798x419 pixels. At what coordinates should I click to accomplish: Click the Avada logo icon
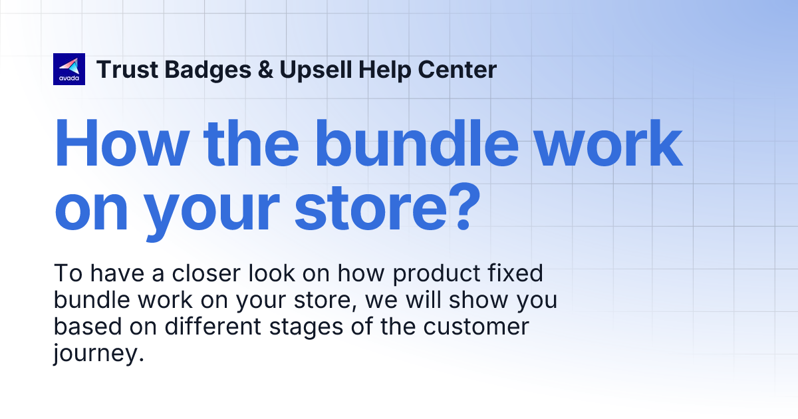pos(69,69)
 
